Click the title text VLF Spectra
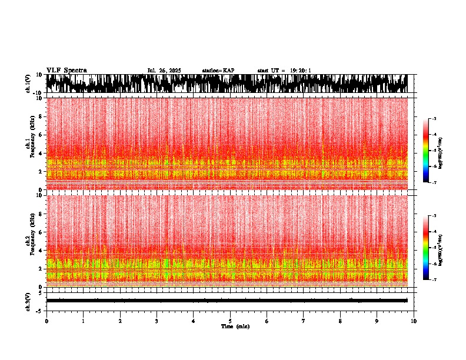click(x=66, y=71)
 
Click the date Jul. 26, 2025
click(x=164, y=71)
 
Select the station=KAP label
click(x=218, y=71)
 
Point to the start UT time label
click(x=284, y=71)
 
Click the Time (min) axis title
click(x=235, y=326)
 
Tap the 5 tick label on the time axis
click(x=230, y=321)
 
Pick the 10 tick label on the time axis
click(x=414, y=321)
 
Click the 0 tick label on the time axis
click(x=46, y=321)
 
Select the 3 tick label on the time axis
click(x=157, y=321)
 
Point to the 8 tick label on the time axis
click(x=340, y=321)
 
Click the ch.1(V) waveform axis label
click(x=28, y=84)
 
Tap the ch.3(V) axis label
click(x=28, y=301)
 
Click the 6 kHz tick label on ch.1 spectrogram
click(x=41, y=135)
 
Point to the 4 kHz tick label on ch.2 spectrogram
click(x=41, y=250)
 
